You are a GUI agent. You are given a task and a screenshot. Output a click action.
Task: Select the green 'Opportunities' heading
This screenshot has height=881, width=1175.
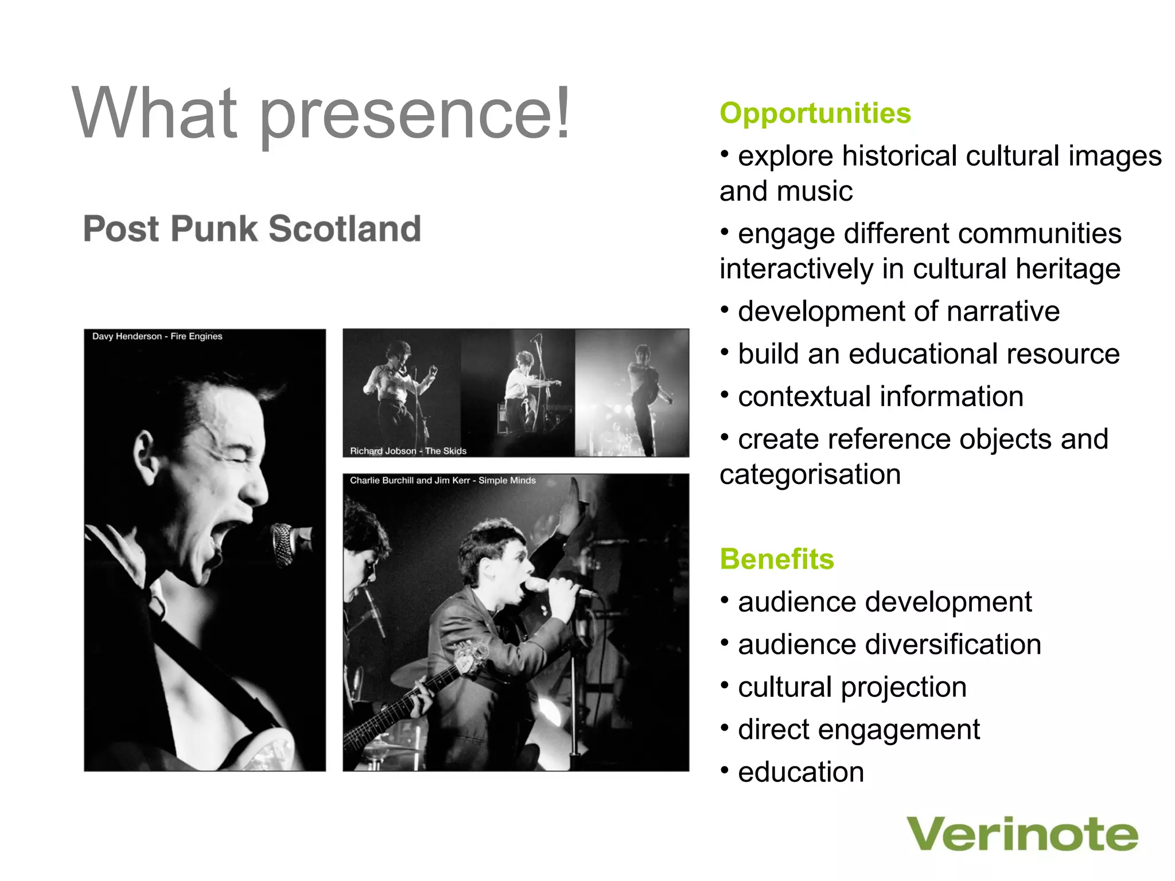click(815, 114)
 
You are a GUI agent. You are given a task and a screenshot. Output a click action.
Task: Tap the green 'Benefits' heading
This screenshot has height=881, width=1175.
click(776, 559)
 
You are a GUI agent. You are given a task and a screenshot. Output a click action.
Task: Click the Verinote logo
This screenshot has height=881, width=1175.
click(1022, 835)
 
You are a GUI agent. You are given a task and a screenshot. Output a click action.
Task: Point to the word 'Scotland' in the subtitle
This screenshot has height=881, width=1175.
click(345, 229)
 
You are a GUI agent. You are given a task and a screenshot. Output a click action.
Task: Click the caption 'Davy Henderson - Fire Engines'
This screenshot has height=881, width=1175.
click(157, 337)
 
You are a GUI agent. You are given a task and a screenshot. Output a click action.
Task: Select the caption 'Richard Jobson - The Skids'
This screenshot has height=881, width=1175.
click(408, 451)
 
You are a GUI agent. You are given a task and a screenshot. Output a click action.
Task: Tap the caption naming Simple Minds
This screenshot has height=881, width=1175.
click(442, 481)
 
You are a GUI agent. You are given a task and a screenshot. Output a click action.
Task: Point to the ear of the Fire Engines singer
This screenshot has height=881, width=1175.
click(144, 453)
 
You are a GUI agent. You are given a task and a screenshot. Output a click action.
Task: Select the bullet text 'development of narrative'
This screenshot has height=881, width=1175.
click(898, 312)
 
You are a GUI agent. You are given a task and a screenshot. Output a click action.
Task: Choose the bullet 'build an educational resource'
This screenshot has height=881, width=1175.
click(928, 354)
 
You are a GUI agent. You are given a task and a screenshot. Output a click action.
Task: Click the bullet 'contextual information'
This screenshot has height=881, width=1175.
click(880, 397)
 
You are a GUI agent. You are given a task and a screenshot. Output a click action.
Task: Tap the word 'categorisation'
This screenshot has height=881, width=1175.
click(810, 475)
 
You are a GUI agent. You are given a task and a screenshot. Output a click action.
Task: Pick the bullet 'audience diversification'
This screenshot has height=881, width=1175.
click(889, 645)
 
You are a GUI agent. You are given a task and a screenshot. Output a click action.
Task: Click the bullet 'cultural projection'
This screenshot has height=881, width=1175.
click(852, 687)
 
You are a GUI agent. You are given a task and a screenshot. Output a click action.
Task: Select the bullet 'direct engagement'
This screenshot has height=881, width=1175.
click(858, 730)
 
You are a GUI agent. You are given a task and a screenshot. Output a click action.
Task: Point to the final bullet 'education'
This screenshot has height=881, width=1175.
click(801, 772)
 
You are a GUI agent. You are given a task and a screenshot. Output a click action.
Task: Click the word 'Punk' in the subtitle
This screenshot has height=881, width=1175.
click(214, 229)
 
